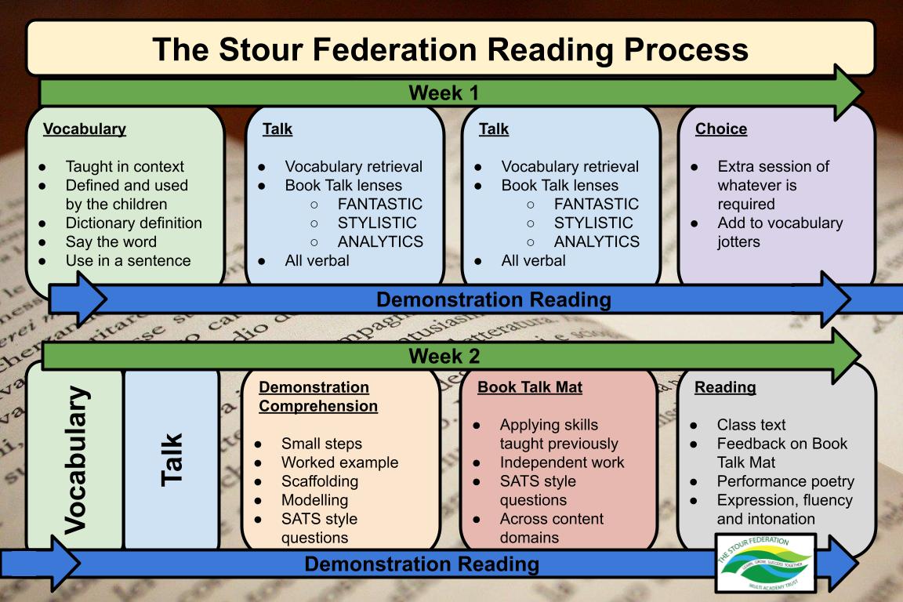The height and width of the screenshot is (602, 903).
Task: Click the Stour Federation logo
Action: (x=767, y=563)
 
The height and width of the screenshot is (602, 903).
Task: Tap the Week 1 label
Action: (x=444, y=93)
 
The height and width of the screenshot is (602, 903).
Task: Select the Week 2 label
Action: (x=444, y=357)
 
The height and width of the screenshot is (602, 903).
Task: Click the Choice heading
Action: (x=721, y=129)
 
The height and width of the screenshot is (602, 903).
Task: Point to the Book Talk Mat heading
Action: (x=530, y=387)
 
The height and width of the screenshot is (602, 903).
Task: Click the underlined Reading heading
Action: (x=725, y=387)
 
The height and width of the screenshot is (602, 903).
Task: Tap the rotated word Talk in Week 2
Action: (x=172, y=459)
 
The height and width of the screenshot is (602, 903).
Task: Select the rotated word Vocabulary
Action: (x=75, y=460)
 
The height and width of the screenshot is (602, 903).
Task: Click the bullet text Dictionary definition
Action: (x=133, y=223)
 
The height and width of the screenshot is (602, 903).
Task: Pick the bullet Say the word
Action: (x=111, y=242)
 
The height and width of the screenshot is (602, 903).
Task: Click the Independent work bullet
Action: (x=562, y=462)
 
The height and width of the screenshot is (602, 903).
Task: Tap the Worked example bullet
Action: (x=339, y=462)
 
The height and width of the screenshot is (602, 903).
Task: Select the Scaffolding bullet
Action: (x=320, y=481)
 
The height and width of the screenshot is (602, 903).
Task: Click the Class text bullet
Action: (x=751, y=425)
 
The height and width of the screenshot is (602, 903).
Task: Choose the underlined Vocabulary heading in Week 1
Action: (x=85, y=129)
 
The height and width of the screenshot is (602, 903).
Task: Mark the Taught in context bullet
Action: (x=125, y=167)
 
